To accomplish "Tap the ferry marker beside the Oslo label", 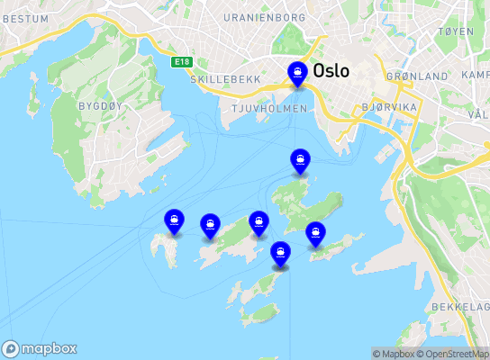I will coord(296,74).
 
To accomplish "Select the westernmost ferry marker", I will coord(173,221).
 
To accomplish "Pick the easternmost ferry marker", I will coord(315,234).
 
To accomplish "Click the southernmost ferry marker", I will coord(280,254).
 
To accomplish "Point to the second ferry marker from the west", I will coord(210,226).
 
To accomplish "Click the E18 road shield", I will coord(184,61).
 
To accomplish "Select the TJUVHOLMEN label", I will coord(269,108).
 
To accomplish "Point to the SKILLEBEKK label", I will coord(225,79).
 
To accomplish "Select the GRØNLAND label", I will coord(416,77).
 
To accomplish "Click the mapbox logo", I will coord(40,348).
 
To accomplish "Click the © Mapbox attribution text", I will coord(395,354).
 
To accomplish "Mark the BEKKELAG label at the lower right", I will coord(459,307).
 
